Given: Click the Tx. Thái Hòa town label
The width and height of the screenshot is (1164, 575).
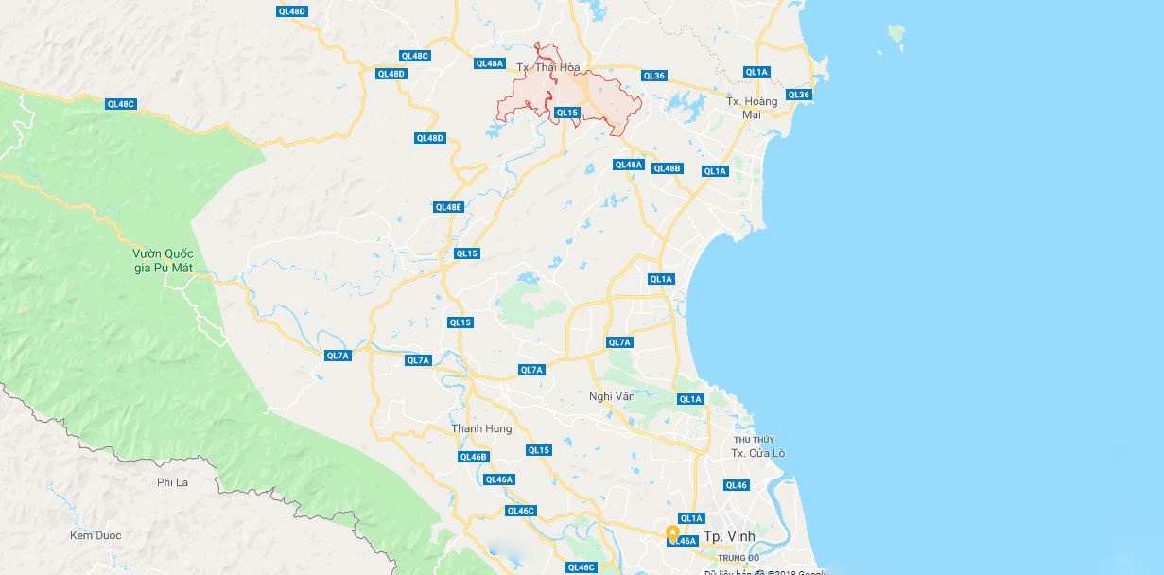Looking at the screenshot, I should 548,67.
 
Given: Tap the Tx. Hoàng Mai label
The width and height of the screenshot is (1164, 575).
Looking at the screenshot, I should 752,108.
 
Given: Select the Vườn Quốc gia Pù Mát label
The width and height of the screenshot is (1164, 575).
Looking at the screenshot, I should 163,261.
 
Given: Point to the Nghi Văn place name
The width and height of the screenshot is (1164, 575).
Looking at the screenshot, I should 612,396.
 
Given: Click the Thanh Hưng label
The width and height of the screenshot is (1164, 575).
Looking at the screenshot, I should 481,428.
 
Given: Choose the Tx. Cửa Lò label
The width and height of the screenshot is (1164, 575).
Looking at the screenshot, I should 757,453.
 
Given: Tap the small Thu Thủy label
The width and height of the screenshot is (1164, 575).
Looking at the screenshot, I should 754,440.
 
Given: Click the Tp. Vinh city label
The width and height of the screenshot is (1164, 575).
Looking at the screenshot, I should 729,536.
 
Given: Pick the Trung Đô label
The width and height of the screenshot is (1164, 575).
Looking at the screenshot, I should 745,558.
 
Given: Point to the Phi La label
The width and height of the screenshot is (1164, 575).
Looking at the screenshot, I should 172,482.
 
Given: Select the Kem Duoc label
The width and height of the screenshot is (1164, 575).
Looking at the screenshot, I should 96,535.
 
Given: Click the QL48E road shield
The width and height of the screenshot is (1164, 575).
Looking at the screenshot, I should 448,207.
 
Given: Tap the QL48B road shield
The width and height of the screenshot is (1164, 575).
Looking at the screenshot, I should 667,168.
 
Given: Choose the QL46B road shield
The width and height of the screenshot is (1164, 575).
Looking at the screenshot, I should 473,457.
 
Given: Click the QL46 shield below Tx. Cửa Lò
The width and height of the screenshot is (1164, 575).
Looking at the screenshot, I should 737,485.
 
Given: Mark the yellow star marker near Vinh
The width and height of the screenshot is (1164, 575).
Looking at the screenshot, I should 672,531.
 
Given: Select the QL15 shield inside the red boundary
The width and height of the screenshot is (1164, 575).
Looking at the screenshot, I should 566,113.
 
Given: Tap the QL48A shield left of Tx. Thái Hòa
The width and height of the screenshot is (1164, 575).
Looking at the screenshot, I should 489,63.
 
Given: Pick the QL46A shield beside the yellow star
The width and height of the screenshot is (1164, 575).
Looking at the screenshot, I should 683,541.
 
